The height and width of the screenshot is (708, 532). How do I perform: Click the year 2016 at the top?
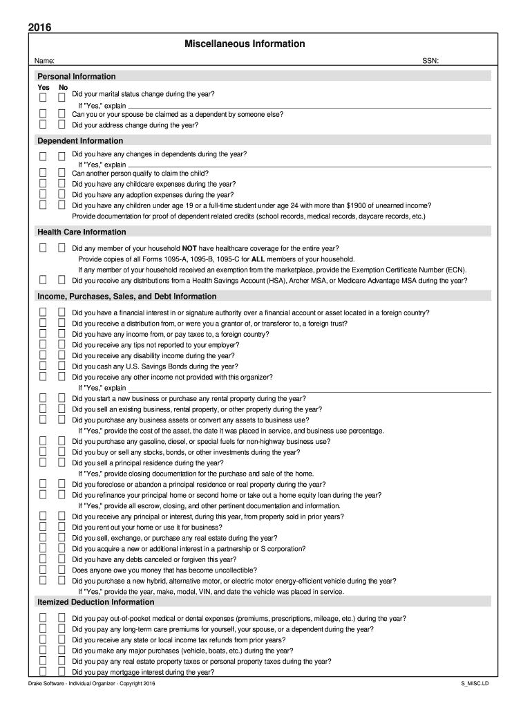point(39,28)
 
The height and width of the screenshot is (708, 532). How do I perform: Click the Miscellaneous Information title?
point(245,44)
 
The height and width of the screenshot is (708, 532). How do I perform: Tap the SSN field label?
point(430,62)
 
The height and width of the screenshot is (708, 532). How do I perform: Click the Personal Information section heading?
point(76,76)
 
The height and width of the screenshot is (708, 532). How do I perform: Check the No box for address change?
point(61,125)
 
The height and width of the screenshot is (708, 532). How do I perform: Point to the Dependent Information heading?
point(80,141)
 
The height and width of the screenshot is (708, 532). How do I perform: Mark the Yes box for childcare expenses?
point(43,184)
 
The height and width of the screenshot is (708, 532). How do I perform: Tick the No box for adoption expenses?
point(61,194)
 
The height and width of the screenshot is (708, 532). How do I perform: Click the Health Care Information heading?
point(82,232)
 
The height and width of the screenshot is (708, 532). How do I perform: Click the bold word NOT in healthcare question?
point(190,248)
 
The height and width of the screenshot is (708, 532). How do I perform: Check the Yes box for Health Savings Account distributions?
point(43,280)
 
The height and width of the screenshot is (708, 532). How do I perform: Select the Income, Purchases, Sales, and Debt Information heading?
point(126,297)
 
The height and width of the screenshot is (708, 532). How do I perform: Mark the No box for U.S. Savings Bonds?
point(61,366)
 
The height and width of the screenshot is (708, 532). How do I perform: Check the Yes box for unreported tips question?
point(43,344)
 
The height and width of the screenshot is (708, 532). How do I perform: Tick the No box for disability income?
point(61,355)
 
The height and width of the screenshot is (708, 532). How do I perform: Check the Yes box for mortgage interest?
point(43,671)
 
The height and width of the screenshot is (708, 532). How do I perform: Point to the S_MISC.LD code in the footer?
point(475,684)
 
